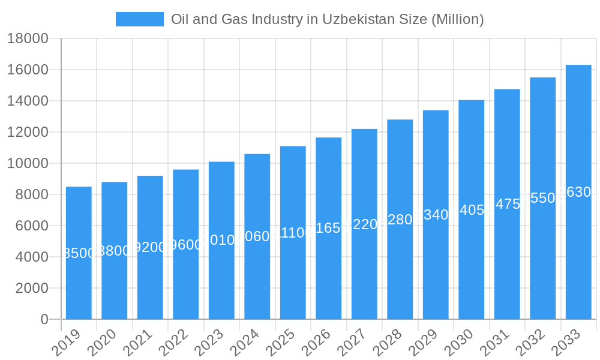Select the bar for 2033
coord(578,252)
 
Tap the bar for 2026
coord(329,270)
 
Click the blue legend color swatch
coord(140,19)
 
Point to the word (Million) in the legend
coord(458,19)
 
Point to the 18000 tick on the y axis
coord(28,38)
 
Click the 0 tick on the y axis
coord(44,319)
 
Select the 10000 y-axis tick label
coord(28,163)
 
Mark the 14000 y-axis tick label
coord(28,101)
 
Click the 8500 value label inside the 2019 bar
coord(79,253)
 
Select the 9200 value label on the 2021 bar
coord(150,247)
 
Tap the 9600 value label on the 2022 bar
coord(186,245)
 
